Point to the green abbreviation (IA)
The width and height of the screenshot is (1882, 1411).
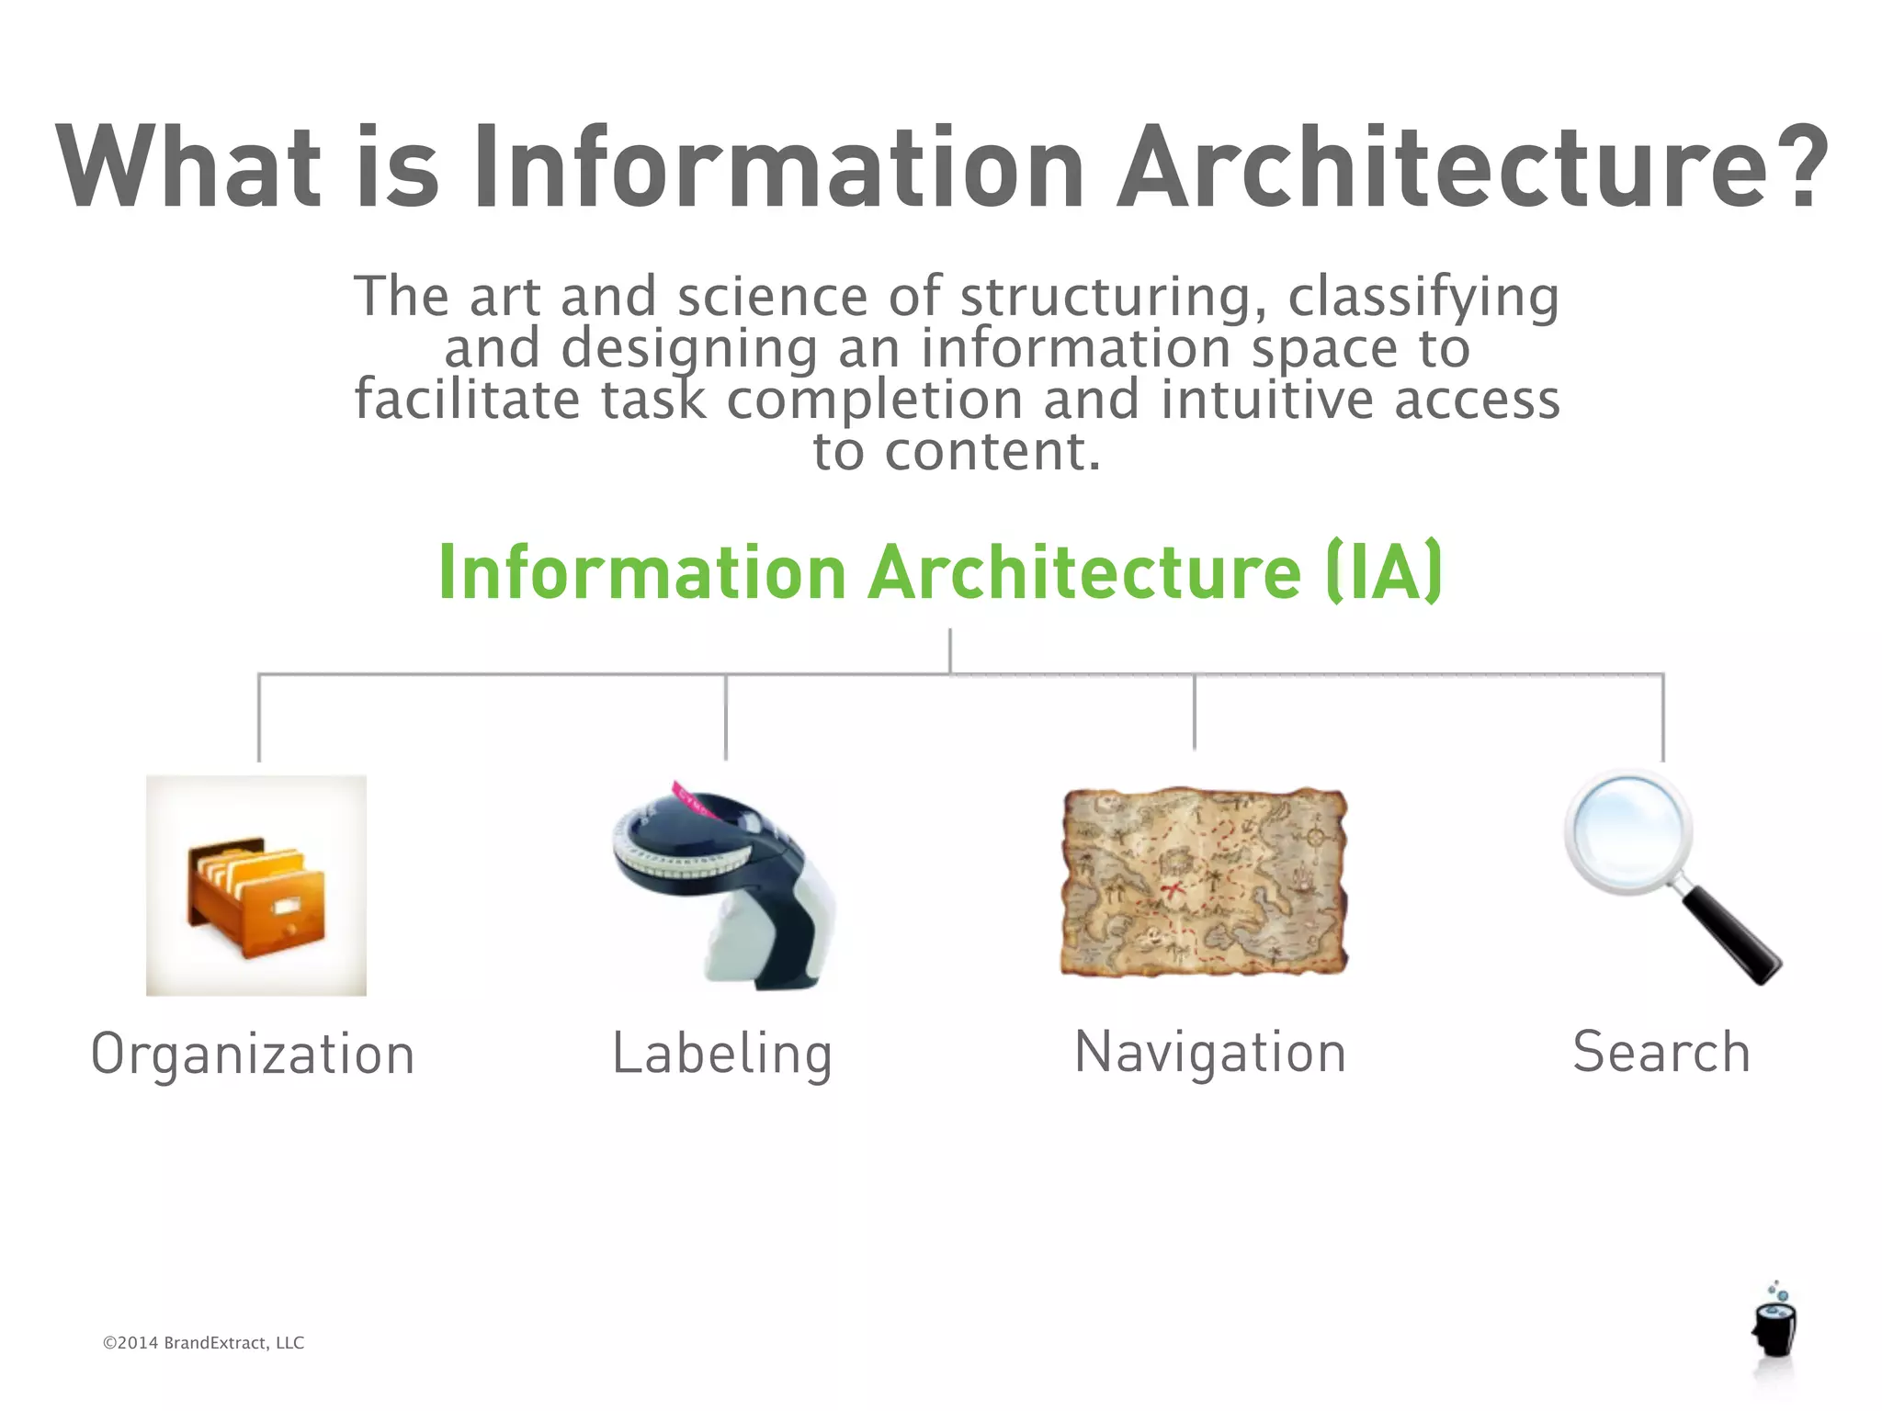[1384, 572]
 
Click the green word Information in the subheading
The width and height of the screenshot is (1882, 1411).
[641, 572]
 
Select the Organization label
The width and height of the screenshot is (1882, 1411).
[253, 1054]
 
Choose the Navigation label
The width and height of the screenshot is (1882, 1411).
[1210, 1052]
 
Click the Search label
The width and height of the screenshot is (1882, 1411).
[1661, 1052]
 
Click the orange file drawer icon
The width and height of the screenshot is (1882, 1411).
[256, 897]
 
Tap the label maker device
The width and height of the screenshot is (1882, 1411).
[726, 886]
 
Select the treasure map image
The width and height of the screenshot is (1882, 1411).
[1204, 882]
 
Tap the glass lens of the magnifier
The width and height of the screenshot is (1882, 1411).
[1627, 830]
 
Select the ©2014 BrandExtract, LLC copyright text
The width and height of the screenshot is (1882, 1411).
[203, 1343]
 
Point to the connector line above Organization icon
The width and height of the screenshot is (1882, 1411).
[259, 717]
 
